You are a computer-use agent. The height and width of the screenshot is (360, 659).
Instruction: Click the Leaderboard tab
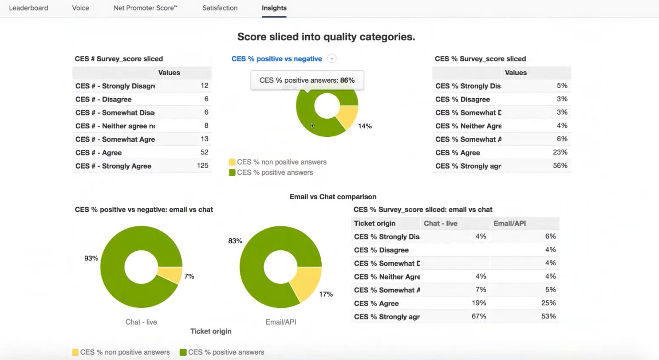click(x=28, y=8)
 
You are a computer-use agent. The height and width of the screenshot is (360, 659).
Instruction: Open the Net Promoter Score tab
click(x=145, y=8)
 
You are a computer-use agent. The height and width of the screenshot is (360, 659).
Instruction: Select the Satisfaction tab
click(x=220, y=8)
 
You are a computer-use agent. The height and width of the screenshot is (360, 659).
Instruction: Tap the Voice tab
click(x=80, y=8)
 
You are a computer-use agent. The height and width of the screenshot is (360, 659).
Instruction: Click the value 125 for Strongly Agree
click(x=203, y=166)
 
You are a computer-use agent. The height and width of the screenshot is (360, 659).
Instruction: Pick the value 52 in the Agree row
click(x=205, y=152)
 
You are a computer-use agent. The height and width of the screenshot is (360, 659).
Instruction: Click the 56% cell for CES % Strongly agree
click(x=560, y=166)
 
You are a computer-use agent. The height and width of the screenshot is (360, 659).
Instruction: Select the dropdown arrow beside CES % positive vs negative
click(x=331, y=58)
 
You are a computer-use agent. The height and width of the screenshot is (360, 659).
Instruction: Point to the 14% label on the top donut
click(x=364, y=126)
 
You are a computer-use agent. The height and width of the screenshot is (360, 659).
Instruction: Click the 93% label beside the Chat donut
click(x=91, y=259)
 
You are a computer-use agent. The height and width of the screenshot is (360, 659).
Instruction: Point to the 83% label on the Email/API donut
click(x=235, y=241)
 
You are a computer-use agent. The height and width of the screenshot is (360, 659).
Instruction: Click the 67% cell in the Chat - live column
click(x=479, y=316)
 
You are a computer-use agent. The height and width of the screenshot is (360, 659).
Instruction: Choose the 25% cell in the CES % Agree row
click(x=548, y=303)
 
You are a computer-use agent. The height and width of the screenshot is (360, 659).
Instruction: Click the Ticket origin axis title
click(x=211, y=331)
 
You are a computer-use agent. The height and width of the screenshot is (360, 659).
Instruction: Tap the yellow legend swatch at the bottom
click(x=75, y=352)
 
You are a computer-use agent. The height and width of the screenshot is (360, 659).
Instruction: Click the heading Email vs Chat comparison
click(x=333, y=197)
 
